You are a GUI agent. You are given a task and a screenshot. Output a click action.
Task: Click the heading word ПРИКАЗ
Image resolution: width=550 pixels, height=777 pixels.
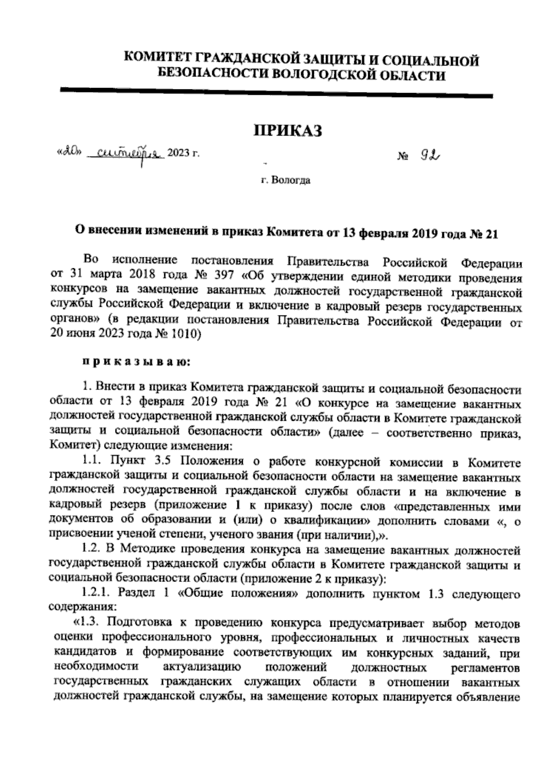coord(288,131)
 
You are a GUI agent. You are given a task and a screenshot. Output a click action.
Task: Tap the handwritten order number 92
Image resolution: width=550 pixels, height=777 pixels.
coord(430,157)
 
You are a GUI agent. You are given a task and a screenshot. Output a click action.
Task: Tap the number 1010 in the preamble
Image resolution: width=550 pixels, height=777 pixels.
coord(182,334)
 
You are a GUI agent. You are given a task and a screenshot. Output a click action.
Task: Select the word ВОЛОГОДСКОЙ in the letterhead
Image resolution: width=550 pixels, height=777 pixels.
coord(317,75)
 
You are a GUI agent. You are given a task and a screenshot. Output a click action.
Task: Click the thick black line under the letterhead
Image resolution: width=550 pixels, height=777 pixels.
coord(276,93)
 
